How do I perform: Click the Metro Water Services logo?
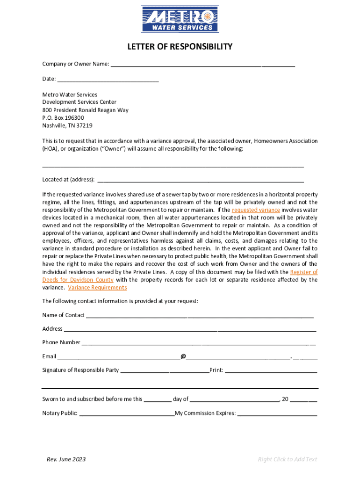180,19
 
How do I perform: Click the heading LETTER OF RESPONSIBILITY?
180,47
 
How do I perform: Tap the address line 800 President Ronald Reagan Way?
85,110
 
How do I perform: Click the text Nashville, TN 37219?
67,125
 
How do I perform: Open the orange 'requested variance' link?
256,210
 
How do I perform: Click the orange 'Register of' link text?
304,272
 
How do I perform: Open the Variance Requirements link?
97,287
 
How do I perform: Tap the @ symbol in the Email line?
183,356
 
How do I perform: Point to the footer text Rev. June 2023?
66,459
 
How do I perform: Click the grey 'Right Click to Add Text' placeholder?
288,459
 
